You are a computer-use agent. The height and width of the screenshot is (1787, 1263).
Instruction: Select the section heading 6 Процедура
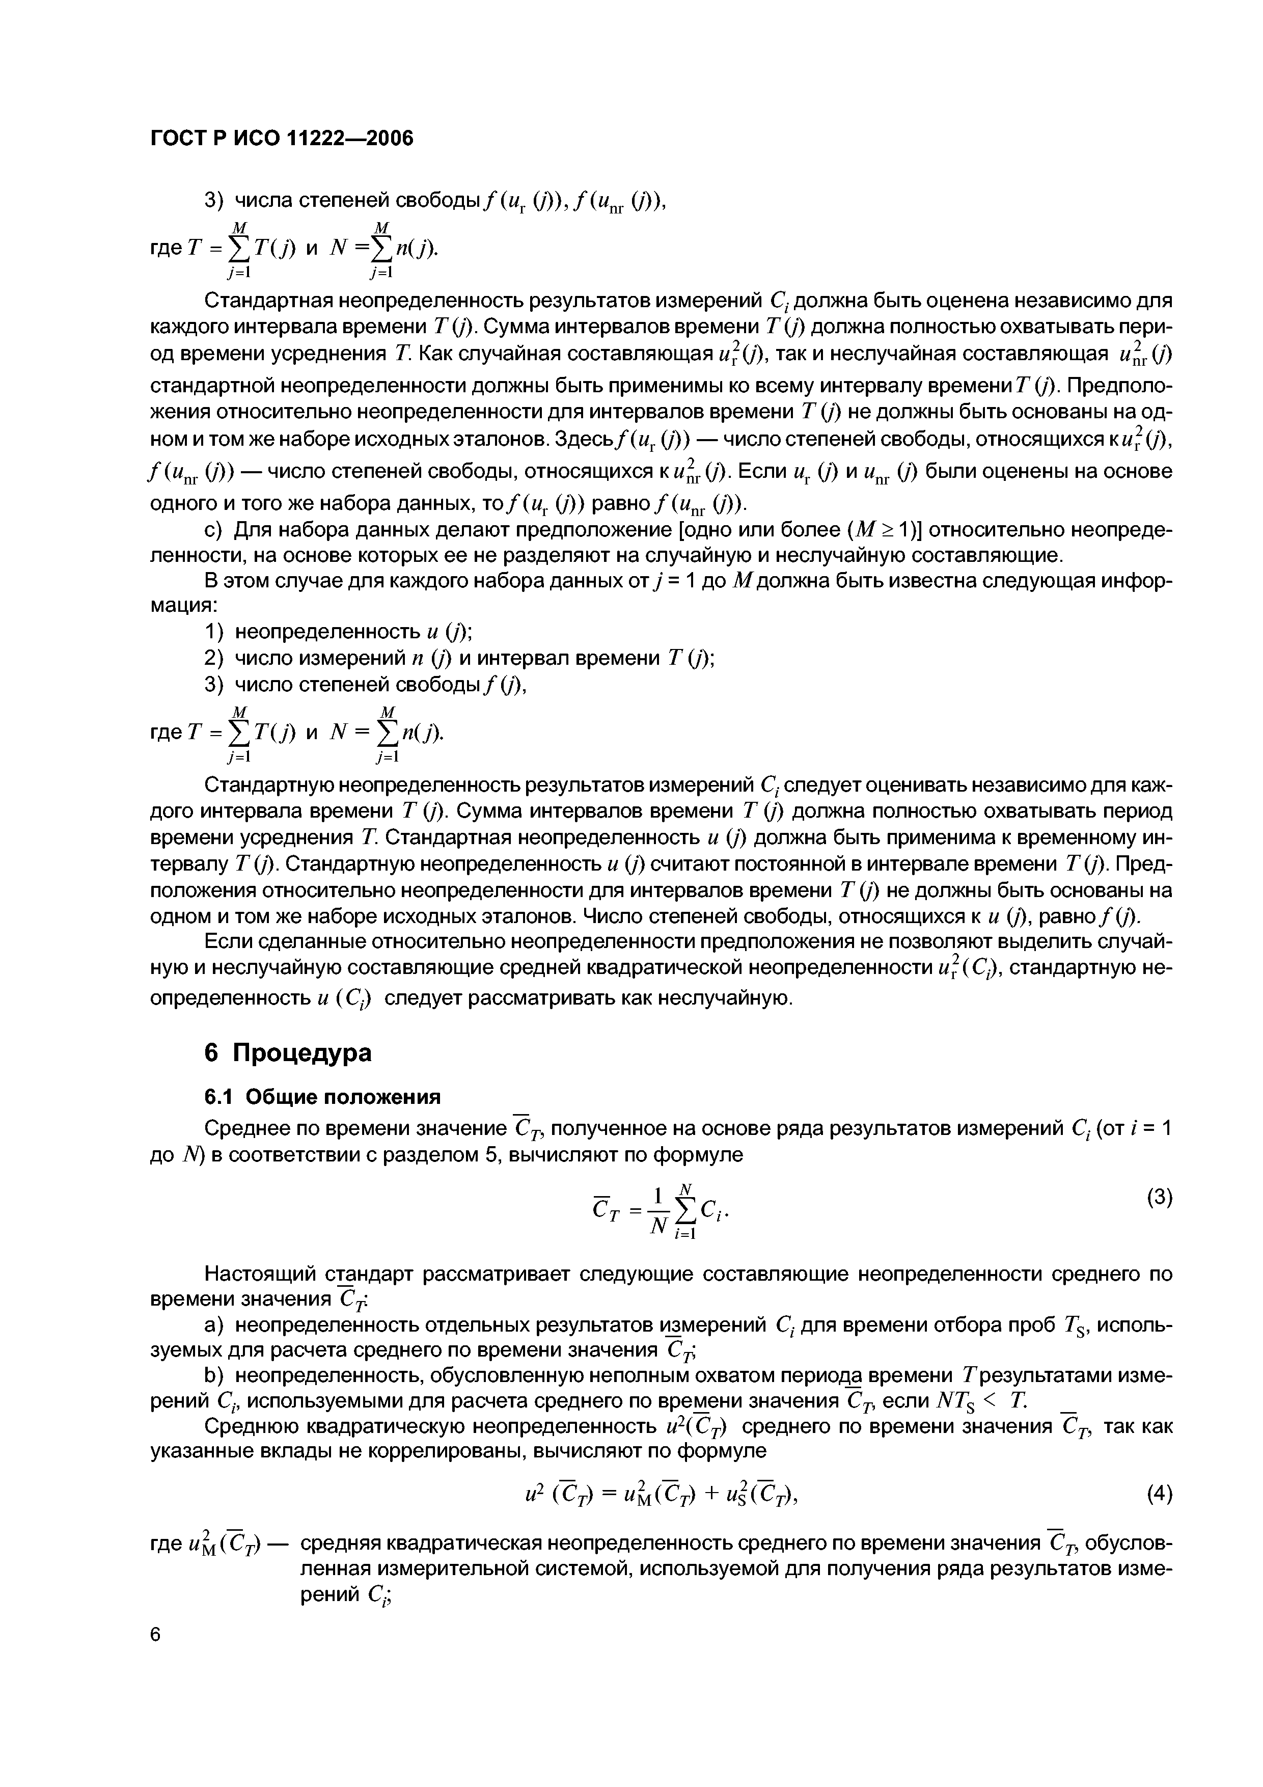[x=288, y=1053]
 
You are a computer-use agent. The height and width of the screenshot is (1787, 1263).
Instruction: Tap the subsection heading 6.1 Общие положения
[x=322, y=1097]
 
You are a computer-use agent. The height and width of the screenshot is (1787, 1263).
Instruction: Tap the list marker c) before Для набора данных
[x=213, y=530]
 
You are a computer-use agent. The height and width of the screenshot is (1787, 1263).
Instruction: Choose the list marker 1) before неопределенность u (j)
[x=213, y=631]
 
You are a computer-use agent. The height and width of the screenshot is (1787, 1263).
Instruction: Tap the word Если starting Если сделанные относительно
[x=224, y=942]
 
